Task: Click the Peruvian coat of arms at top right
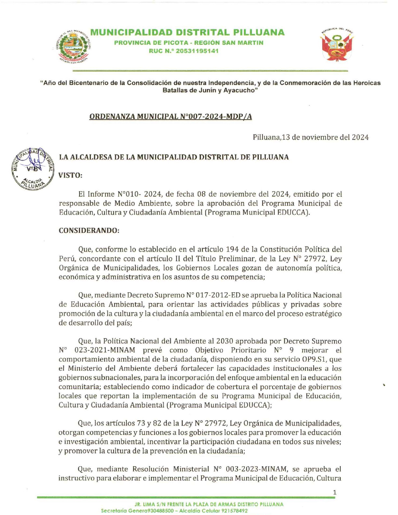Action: (x=337, y=45)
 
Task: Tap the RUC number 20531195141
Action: (x=197, y=51)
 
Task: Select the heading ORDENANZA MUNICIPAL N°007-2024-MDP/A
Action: (x=170, y=117)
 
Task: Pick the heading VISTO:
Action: (x=71, y=175)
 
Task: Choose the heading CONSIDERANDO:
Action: (x=89, y=231)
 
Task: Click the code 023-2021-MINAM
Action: (x=106, y=350)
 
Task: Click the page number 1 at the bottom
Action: (x=335, y=493)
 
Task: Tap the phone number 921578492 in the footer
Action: (x=234, y=511)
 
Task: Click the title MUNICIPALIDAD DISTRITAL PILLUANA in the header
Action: (x=187, y=33)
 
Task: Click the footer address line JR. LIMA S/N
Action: (x=209, y=504)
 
